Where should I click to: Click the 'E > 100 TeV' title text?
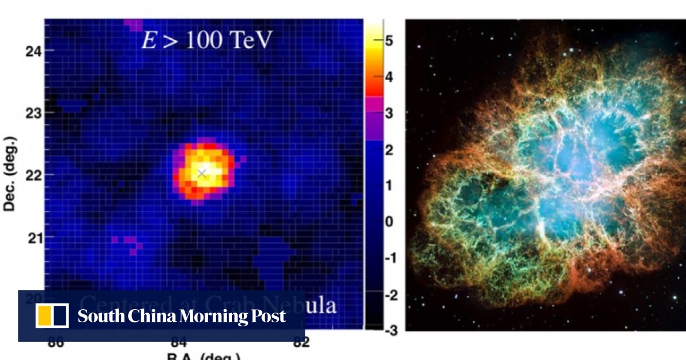click(x=207, y=41)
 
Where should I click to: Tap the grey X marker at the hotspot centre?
click(x=201, y=173)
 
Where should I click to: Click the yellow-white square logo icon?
click(x=52, y=316)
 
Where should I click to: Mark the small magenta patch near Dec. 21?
click(x=130, y=243)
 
